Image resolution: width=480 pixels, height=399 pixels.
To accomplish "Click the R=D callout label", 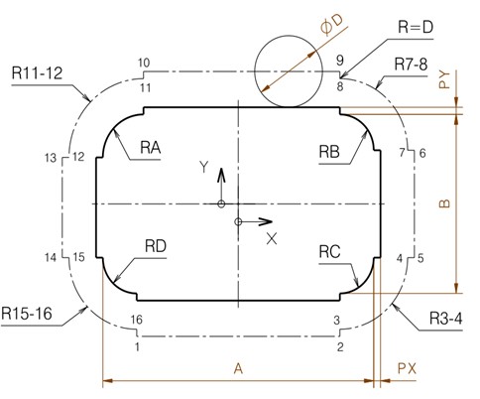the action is pyautogui.click(x=416, y=27).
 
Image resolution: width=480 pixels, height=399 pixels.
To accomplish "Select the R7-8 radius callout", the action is pyautogui.click(x=411, y=65).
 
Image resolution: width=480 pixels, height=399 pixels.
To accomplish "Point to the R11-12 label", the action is pyautogui.click(x=37, y=72).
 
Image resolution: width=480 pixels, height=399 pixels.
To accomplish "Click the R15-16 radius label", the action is pyautogui.click(x=27, y=313).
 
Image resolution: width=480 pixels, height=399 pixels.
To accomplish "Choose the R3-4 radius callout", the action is pyautogui.click(x=445, y=319).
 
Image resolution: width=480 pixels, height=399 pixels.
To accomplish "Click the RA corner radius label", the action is pyautogui.click(x=151, y=147).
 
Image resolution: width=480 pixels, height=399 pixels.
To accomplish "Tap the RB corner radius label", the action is pyautogui.click(x=329, y=152).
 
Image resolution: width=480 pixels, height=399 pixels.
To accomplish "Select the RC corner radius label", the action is pyautogui.click(x=329, y=252).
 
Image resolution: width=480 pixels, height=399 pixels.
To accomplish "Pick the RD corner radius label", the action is pyautogui.click(x=156, y=246).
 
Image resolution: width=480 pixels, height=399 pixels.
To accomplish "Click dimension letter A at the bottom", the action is pyautogui.click(x=238, y=368).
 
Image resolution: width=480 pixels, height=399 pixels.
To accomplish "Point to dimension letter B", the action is pyautogui.click(x=445, y=203).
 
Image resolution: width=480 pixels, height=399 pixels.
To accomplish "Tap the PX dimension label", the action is pyautogui.click(x=407, y=368).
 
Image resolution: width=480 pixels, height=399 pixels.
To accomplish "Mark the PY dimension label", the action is pyautogui.click(x=444, y=79).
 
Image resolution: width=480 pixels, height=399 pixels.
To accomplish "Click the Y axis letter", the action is pyautogui.click(x=204, y=167).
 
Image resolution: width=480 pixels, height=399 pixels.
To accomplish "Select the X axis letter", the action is pyautogui.click(x=272, y=238).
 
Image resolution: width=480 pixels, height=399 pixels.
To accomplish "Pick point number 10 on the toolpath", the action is pyautogui.click(x=144, y=63).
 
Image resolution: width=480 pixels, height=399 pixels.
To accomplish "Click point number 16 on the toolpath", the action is pyautogui.click(x=137, y=320).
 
